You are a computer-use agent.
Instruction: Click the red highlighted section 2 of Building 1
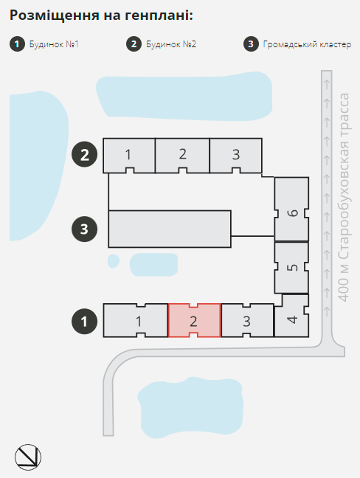[x=194, y=320]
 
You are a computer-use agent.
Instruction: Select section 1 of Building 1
[x=136, y=320]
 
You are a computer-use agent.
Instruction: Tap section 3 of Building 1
[x=247, y=320]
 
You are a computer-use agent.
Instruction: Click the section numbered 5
[x=291, y=268]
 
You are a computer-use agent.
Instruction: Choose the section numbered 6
[x=291, y=209]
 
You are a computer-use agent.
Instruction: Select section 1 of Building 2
[x=129, y=156]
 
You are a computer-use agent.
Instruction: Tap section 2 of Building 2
[x=182, y=156]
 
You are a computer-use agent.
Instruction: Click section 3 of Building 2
[x=235, y=156]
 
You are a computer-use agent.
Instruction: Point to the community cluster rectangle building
[x=170, y=229]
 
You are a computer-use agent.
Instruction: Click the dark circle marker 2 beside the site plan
[x=84, y=154]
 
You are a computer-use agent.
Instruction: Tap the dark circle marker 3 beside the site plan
[x=84, y=229]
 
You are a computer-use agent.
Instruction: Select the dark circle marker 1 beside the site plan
[x=84, y=322]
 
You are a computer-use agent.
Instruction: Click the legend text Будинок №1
[x=54, y=44]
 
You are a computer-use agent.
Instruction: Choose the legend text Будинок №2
[x=171, y=44]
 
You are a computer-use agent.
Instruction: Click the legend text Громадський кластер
[x=308, y=44]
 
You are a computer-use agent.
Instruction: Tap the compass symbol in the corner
[x=28, y=457]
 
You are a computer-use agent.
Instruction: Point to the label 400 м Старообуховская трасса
[x=344, y=198]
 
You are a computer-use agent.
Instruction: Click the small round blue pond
[x=114, y=261]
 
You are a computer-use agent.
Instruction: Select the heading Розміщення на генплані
[x=101, y=15]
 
